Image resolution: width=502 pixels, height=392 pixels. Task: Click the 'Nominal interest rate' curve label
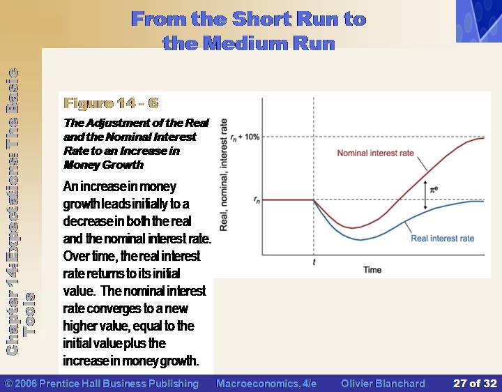(375, 153)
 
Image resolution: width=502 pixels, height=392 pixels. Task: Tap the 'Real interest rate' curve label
(443, 239)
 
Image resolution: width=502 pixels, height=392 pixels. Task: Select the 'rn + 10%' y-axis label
(245, 137)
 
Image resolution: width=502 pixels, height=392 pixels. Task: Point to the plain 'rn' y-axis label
(257, 200)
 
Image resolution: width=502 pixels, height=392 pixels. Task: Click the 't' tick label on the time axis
(314, 262)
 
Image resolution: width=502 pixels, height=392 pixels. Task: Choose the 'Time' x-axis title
(372, 270)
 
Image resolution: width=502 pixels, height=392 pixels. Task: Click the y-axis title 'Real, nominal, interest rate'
(224, 174)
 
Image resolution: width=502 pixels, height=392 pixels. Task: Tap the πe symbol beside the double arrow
(434, 189)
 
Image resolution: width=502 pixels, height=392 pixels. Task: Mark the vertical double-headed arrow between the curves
(425, 195)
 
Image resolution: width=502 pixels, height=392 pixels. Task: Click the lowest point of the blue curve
(360, 239)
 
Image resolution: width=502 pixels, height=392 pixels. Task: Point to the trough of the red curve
(352, 228)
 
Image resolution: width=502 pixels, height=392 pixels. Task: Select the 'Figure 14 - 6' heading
(111, 103)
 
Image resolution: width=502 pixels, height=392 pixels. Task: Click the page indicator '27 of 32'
(475, 384)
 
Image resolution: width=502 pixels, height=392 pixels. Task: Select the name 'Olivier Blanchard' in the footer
(383, 384)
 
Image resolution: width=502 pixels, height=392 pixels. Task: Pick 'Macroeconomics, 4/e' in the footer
(266, 384)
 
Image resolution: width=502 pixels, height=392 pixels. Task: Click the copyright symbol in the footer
(8, 384)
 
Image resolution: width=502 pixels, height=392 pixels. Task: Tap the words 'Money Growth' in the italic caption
(103, 165)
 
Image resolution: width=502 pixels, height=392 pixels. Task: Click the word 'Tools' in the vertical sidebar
(29, 314)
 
